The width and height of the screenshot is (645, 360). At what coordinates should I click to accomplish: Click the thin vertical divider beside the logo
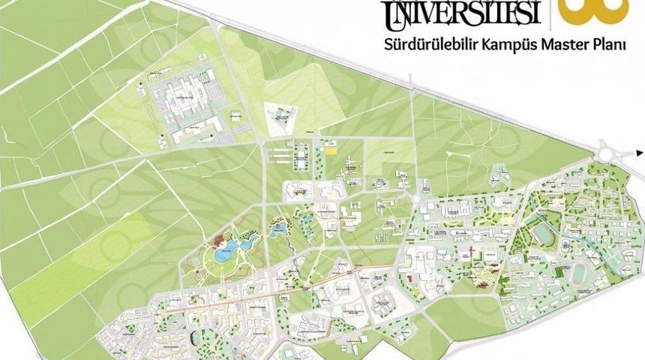550,13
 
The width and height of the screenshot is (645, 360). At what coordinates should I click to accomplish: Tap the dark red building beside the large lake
220,241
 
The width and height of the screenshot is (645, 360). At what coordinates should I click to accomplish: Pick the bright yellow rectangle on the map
330,149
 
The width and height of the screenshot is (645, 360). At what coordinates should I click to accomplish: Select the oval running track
581,275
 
